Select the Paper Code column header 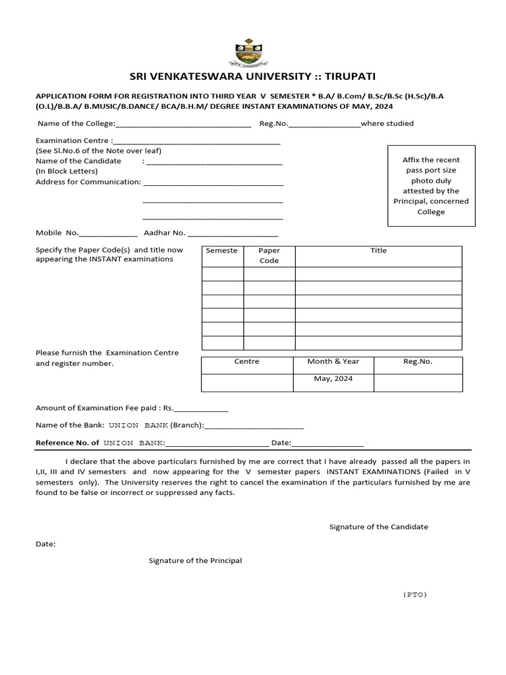point(269,256)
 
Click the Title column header point(378,251)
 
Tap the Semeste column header point(222,251)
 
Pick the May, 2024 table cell point(333,379)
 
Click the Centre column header point(246,362)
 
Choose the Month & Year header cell point(333,362)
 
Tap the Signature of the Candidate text point(379,527)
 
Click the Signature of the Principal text point(195,561)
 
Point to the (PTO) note point(415,595)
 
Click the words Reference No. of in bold point(67,444)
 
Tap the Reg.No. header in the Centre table point(418,362)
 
